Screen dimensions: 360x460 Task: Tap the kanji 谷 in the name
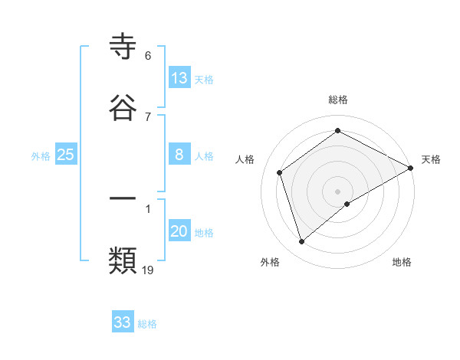click(123, 108)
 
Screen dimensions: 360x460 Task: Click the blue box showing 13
click(179, 78)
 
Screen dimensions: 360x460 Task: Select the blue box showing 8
click(179, 155)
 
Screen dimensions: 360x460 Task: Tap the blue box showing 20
click(179, 231)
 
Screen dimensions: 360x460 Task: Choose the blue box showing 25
click(66, 155)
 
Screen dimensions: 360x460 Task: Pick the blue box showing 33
click(123, 322)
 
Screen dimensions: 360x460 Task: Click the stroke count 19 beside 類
click(148, 270)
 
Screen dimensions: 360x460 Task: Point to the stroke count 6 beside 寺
click(148, 56)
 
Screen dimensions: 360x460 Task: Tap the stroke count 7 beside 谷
click(148, 116)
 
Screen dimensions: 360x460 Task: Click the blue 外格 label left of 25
click(41, 156)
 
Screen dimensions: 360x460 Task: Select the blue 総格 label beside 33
click(147, 324)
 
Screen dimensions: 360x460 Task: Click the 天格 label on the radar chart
click(431, 159)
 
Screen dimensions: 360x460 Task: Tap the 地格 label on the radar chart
click(402, 262)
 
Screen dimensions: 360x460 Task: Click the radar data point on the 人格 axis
click(280, 172)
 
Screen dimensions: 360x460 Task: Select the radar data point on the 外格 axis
click(302, 242)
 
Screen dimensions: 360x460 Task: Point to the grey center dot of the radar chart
click(338, 191)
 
